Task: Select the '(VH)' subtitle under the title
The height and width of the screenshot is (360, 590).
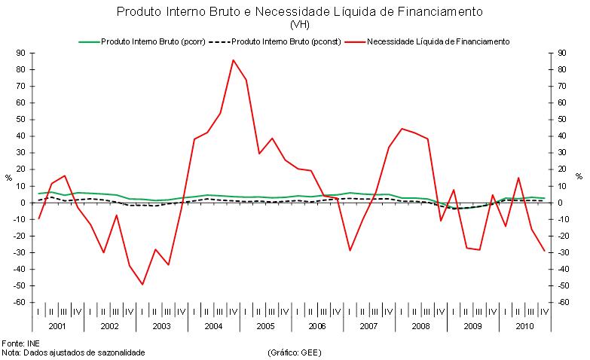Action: pos(295,25)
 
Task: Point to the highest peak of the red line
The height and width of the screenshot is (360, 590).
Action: pos(233,60)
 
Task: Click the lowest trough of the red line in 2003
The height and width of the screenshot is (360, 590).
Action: pos(142,284)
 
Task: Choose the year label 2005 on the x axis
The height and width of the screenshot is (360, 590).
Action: pos(264,327)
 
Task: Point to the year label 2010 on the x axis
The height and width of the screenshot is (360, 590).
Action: pos(524,327)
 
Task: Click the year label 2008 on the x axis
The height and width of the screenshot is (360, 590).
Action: pos(420,327)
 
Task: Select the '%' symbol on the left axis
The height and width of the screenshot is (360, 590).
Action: pos(9,178)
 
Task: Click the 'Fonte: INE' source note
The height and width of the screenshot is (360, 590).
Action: pos(23,343)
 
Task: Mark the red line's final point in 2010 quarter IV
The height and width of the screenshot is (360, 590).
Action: pos(544,251)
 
